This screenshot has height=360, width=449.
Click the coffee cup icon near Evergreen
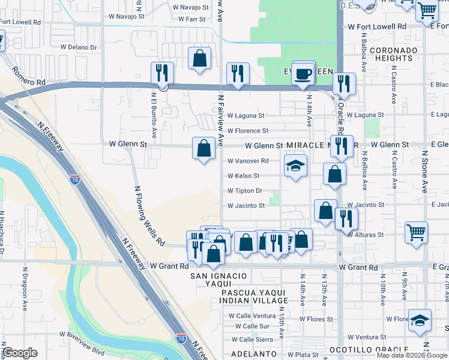pyautogui.click(x=304, y=73)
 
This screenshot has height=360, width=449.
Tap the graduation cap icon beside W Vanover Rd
pyautogui.click(x=294, y=165)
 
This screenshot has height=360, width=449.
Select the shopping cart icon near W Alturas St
pyautogui.click(x=416, y=232)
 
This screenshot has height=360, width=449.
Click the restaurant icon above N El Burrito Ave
pyautogui.click(x=162, y=73)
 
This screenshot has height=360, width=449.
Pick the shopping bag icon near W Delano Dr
pyautogui.click(x=199, y=58)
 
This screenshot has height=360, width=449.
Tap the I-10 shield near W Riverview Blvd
pyautogui.click(x=181, y=339)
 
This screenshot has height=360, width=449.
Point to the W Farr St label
pyautogui.click(x=191, y=19)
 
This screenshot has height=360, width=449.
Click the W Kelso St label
pyautogui.click(x=243, y=176)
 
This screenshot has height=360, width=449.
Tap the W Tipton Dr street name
pyautogui.click(x=244, y=191)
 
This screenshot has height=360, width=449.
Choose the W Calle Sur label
pyautogui.click(x=252, y=326)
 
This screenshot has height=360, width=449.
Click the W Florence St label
pyautogui.click(x=247, y=130)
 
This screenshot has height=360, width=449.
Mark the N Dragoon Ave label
pyautogui.click(x=25, y=294)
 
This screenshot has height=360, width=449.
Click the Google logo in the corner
pyautogui.click(x=20, y=353)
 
